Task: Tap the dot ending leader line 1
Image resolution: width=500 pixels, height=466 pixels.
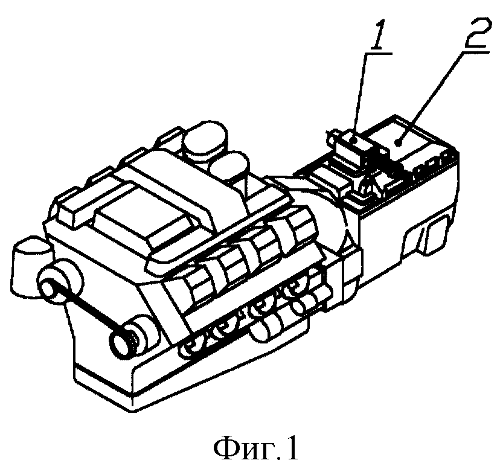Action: [353, 139]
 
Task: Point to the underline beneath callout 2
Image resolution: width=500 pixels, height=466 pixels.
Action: [475, 51]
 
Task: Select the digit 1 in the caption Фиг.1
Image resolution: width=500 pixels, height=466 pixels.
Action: [292, 447]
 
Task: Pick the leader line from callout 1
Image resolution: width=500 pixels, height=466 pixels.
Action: [360, 96]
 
